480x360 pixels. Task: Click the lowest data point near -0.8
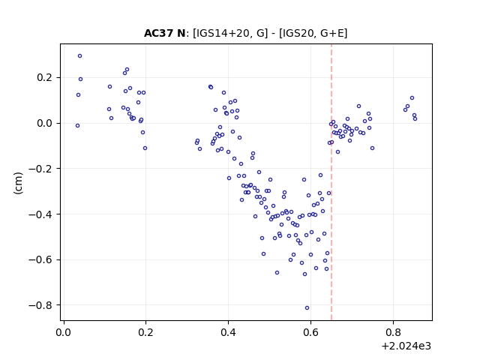(307, 308)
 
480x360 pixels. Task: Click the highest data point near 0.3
(80, 56)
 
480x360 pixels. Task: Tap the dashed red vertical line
(331, 182)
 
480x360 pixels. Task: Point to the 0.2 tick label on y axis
(45, 77)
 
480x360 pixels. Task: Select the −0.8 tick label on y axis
(41, 305)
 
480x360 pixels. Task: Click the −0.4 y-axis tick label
(41, 214)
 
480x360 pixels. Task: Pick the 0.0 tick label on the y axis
(45, 123)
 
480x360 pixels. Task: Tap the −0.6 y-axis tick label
(41, 260)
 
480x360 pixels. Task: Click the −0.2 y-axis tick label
(41, 169)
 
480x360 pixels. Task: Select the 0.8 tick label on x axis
(393, 332)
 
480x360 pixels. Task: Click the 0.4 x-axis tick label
(228, 332)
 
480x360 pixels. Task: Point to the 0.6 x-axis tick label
(310, 332)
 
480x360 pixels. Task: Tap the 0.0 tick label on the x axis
(64, 332)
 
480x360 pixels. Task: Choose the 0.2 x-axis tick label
(145, 332)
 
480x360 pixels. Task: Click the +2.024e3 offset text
(406, 346)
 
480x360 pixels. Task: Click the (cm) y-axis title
(18, 183)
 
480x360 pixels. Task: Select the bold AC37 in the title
(158, 33)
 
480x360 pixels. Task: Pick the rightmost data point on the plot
(415, 118)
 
